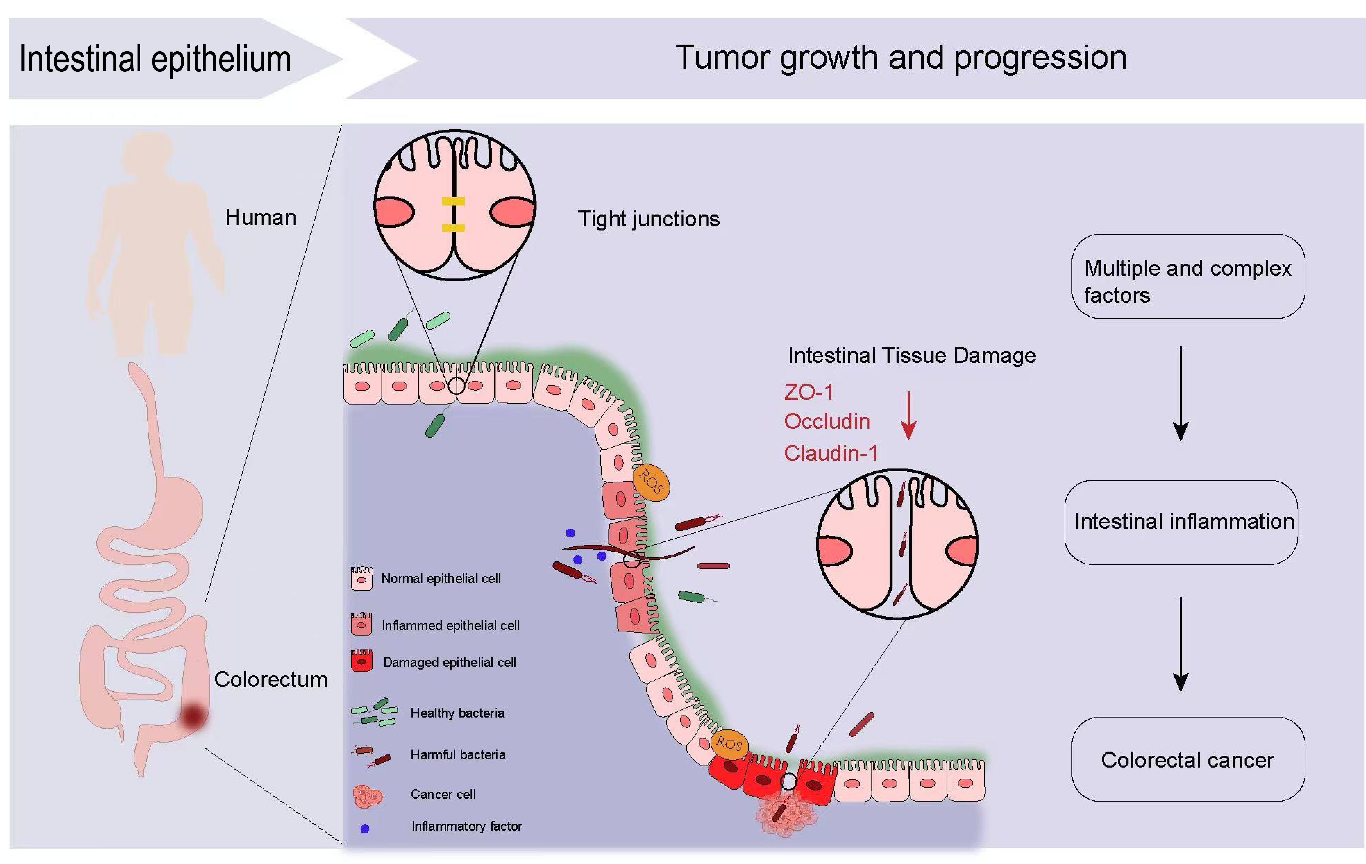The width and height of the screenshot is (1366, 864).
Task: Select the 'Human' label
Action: click(x=260, y=217)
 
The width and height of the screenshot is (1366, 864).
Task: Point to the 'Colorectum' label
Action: click(x=271, y=679)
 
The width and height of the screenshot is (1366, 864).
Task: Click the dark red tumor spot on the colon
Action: click(x=193, y=715)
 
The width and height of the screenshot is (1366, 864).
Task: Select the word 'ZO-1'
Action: click(x=808, y=392)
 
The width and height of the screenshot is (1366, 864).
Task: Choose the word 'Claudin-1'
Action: click(x=831, y=453)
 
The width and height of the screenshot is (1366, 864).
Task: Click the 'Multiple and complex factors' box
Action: click(x=1188, y=276)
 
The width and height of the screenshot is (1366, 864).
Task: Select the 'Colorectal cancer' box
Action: click(x=1188, y=759)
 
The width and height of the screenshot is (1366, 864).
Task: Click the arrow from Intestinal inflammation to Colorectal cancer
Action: click(x=1181, y=644)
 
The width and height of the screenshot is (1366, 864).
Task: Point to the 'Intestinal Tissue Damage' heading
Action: click(x=912, y=356)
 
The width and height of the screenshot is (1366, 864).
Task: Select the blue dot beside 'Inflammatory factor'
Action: click(x=365, y=828)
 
